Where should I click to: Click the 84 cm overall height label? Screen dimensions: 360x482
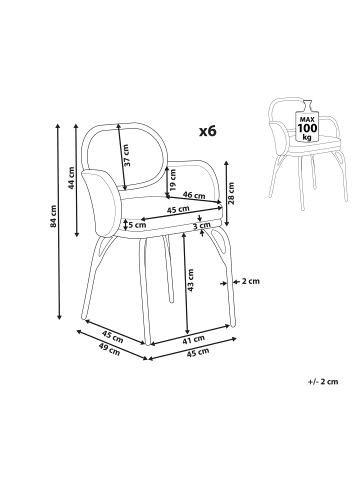[x=54, y=216]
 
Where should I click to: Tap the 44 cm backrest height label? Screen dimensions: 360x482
[x=72, y=178]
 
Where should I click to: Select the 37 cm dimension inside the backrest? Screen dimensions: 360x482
[x=127, y=155]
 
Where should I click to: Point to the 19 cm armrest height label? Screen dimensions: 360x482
[x=172, y=180]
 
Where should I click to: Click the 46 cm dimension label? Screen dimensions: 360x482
[x=194, y=195]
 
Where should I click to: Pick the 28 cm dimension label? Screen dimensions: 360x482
[x=232, y=193]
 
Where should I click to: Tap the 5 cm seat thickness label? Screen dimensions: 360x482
[x=137, y=225]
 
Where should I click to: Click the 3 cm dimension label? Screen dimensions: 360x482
[x=202, y=226]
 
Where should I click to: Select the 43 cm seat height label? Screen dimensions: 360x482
[x=190, y=280]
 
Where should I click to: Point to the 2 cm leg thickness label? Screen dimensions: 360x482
[x=251, y=281]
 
